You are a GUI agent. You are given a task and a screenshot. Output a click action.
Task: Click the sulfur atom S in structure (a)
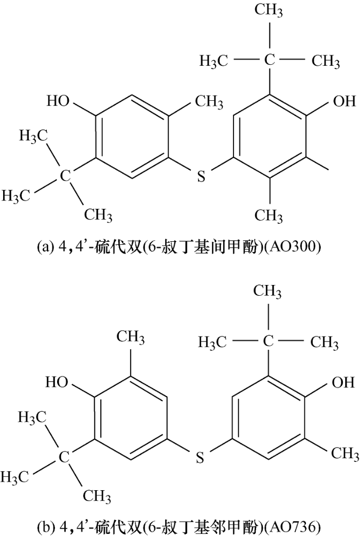(201, 177)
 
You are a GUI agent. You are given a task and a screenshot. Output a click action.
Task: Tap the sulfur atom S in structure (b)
(200, 457)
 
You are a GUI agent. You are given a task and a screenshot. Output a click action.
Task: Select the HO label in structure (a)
(58, 101)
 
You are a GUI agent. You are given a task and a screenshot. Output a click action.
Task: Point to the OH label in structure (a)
(344, 101)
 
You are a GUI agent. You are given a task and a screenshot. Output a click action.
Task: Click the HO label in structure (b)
(57, 382)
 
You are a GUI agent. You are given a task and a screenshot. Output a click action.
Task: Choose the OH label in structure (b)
(343, 382)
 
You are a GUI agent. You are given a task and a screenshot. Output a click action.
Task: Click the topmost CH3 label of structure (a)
(268, 11)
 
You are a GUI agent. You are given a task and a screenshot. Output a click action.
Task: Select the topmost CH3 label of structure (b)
(267, 292)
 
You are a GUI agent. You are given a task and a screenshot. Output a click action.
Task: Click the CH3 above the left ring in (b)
(131, 337)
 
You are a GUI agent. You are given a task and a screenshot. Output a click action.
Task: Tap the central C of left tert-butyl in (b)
(64, 457)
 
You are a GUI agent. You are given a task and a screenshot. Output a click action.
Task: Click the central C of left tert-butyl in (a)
(65, 176)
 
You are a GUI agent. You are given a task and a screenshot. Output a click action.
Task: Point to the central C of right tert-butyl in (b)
(268, 342)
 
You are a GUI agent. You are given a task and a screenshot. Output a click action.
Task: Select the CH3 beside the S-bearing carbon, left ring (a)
(209, 102)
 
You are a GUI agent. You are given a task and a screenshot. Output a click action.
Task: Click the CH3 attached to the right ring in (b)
(345, 454)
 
